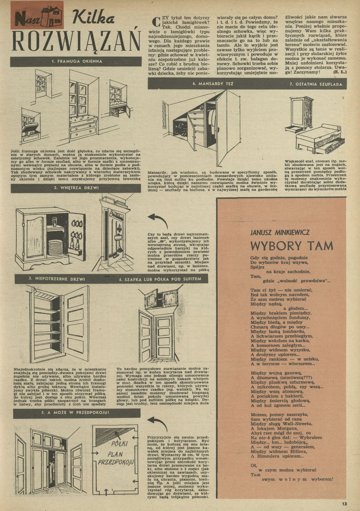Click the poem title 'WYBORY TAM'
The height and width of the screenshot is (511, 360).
(292, 246)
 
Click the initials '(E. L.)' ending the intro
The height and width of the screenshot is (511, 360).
(341, 72)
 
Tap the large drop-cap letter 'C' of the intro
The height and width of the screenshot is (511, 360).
(155, 22)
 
